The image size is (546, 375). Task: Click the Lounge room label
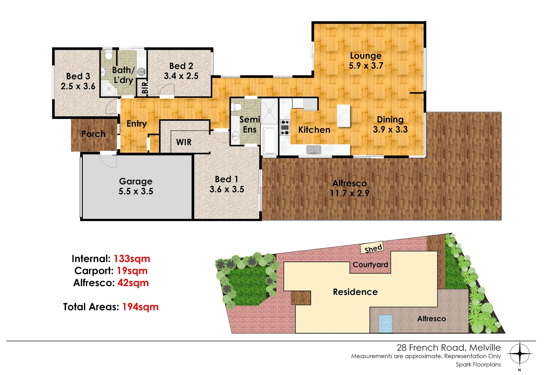(365, 56)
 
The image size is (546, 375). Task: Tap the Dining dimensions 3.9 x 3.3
(390, 130)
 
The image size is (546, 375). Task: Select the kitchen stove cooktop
(285, 127)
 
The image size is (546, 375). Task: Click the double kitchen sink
(314, 150)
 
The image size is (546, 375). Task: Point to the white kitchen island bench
(344, 116)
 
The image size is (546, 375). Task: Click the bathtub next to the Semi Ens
(270, 141)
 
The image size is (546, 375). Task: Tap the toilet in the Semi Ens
(237, 107)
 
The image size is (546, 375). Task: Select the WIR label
(184, 142)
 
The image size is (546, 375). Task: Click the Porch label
(93, 134)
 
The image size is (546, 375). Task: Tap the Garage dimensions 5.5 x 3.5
(136, 191)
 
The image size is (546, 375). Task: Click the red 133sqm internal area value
(132, 259)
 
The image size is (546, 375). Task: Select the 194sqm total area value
(140, 307)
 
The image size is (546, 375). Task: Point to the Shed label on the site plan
(373, 248)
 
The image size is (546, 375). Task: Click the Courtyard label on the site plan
(370, 265)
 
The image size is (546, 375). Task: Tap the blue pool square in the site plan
(385, 324)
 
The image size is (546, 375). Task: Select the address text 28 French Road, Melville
(448, 348)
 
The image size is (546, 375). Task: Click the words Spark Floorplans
(478, 364)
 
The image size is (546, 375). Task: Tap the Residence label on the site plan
(355, 292)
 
